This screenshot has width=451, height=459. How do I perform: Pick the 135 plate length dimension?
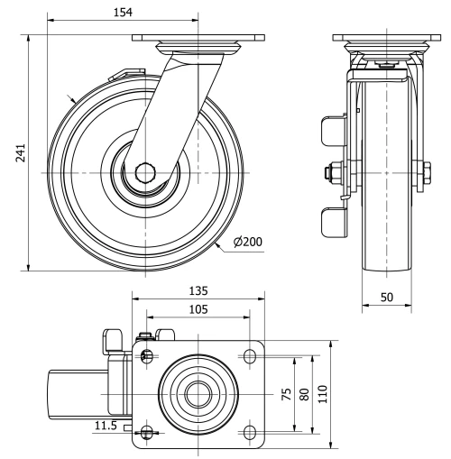coord(198,290)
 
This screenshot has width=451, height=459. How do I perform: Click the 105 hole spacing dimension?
coord(198,309)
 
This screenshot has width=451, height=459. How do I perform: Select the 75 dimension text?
coord(287,393)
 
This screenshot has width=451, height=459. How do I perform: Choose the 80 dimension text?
coord(306,393)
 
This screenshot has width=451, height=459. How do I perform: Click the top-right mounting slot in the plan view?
coord(248,357)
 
